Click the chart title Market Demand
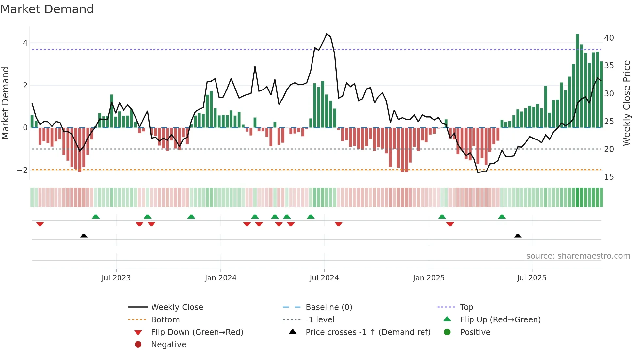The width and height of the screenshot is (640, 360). coord(47,9)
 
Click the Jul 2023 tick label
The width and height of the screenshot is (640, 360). coord(116,278)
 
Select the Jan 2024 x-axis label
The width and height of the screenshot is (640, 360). coord(220,278)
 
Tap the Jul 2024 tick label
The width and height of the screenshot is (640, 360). coord(324,278)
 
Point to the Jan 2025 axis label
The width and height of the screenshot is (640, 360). coord(428,278)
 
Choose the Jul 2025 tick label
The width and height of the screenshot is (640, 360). coord(532,278)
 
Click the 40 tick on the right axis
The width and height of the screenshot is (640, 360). coord(609,38)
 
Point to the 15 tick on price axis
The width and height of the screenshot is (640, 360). coord(609,177)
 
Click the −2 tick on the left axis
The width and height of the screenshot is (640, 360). coord(22,170)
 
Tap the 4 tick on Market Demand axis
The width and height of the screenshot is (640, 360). coord(25,43)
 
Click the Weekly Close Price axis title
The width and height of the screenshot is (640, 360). coord(626,103)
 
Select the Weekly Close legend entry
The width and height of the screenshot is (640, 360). coord(177,307)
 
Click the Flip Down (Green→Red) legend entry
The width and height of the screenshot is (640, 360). coord(197,332)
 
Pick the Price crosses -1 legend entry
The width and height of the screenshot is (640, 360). coord(368,332)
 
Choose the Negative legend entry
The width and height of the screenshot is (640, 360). coord(168,345)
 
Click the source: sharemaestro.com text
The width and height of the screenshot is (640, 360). coord(578,256)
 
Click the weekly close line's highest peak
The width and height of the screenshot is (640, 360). coord(327,34)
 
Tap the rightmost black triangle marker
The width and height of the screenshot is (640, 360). coord(518,236)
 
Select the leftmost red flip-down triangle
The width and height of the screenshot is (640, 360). coord(40,224)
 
